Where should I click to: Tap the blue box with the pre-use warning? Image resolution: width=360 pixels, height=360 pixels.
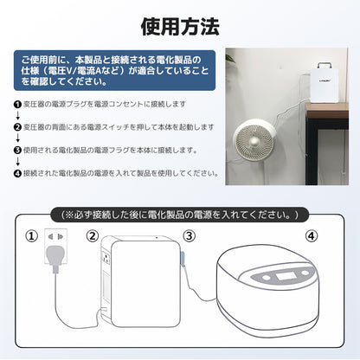(116, 69)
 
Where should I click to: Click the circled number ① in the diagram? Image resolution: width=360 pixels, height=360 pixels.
(33, 234)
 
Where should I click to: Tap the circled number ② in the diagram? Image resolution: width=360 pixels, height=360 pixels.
(93, 234)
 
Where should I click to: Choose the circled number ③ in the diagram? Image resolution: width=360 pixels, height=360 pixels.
(190, 234)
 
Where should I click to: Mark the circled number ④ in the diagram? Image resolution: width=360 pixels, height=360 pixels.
(311, 234)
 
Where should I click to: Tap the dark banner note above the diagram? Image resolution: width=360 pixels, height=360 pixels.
(180, 213)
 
